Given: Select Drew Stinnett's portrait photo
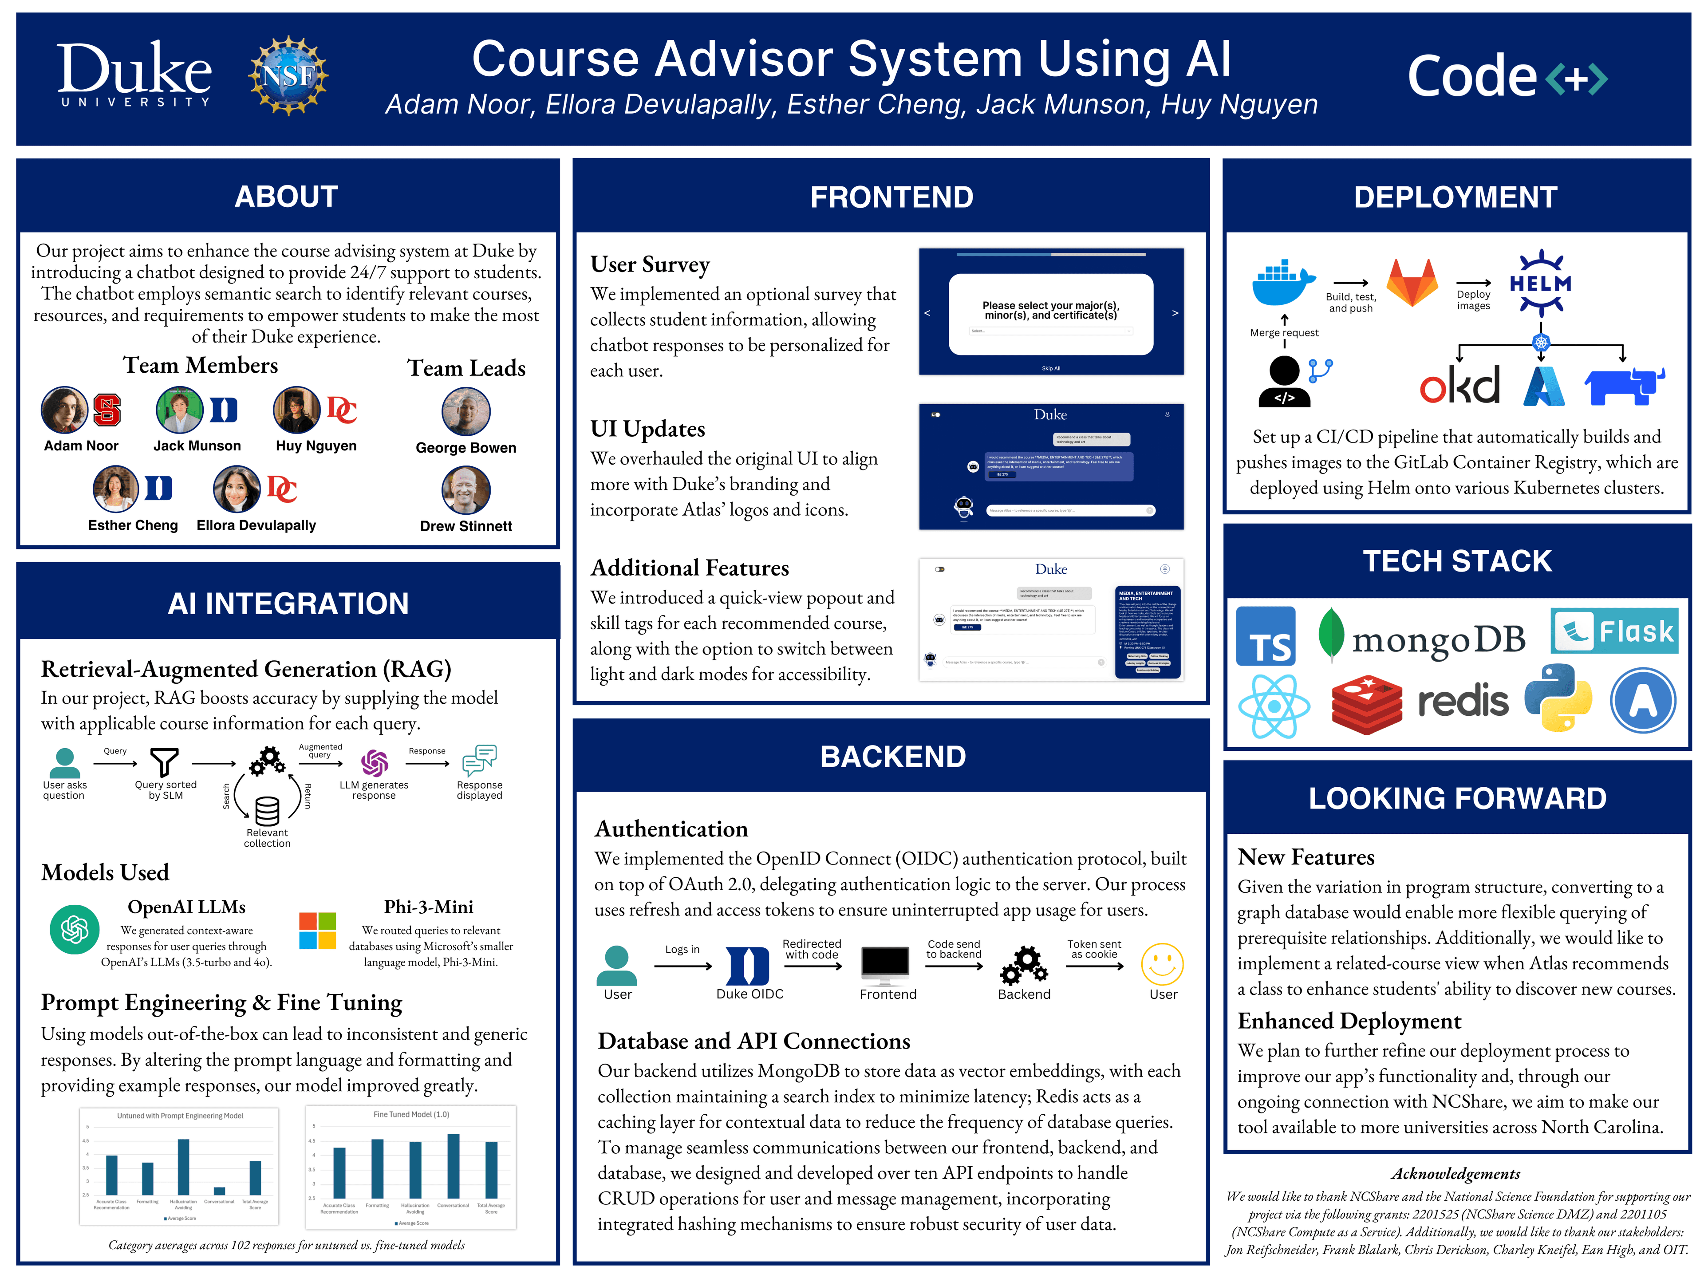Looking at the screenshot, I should click(465, 490).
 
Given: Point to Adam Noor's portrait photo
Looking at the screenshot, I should click(65, 410).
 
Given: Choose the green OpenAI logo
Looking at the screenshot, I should click(75, 929).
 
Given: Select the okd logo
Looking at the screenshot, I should click(1460, 385).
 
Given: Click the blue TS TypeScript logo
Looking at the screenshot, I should click(1266, 636).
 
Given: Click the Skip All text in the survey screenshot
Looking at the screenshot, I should click(1051, 368).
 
